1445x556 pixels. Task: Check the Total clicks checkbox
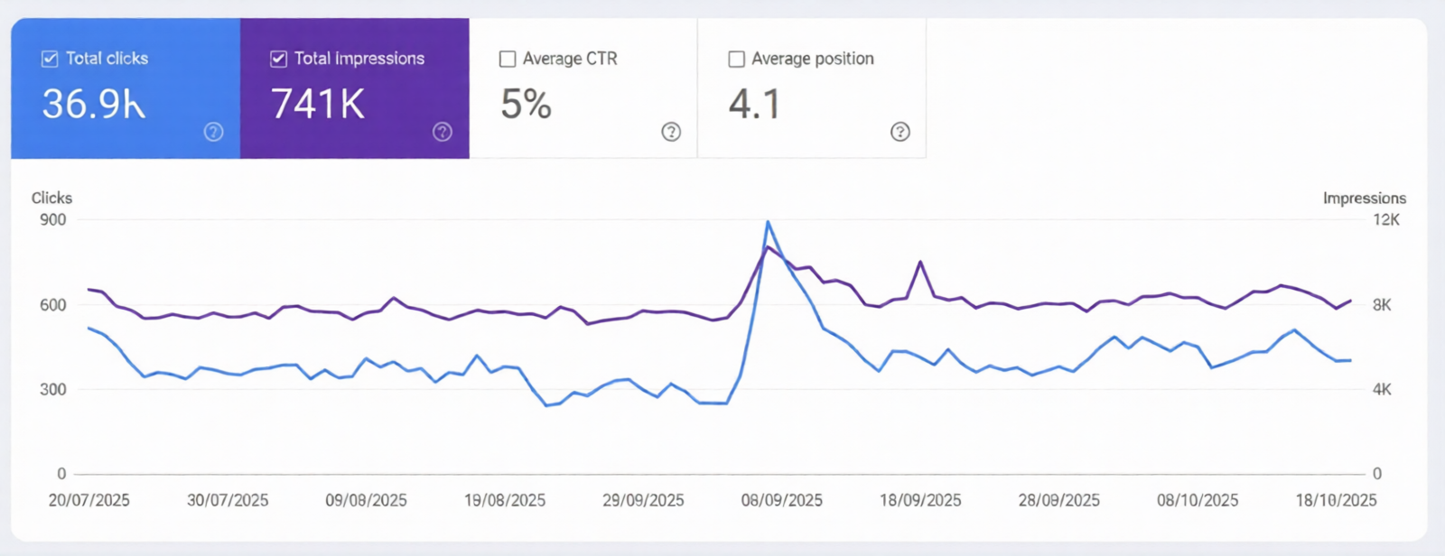[50, 59]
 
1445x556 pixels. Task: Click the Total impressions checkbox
[278, 59]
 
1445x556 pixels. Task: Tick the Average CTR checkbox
[508, 59]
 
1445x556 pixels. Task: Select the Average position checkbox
[737, 59]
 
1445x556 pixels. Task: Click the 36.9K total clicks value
[93, 105]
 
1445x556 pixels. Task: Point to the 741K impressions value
[318, 105]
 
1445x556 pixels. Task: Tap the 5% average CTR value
[526, 105]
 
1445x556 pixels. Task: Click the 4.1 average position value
[754, 105]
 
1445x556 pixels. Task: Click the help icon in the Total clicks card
[213, 132]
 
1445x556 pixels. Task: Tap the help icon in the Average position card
[900, 132]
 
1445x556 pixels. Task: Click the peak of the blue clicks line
[768, 222]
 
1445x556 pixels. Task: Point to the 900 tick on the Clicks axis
[53, 219]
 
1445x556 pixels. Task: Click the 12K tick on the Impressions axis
[1385, 219]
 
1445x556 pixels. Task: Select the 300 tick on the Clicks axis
[53, 389]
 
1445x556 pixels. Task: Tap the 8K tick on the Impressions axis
[1382, 305]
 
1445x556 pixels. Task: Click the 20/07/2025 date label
[89, 500]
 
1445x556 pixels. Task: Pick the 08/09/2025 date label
[781, 500]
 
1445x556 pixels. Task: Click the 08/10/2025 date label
[1198, 500]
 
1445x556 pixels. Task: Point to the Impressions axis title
[1364, 198]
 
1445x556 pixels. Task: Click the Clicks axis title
[51, 198]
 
